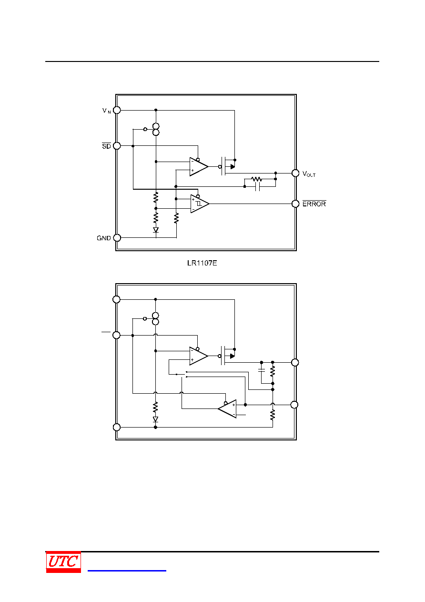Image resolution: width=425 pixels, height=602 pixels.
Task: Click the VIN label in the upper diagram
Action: pos(107,111)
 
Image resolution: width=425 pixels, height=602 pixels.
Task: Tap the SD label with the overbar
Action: pos(106,146)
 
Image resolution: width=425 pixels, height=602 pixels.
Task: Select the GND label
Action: pos(104,238)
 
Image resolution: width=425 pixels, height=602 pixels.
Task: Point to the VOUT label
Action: pos(309,174)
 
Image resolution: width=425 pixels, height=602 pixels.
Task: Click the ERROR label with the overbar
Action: pos(314,204)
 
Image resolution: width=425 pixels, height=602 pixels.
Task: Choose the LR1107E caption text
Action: pos(202,263)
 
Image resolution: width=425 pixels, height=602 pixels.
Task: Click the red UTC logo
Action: pos(63,561)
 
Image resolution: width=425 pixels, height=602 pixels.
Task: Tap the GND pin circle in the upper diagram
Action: pos(117,238)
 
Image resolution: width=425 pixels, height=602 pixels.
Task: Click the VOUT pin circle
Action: pos(295,173)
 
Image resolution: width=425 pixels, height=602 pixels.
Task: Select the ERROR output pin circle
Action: pos(295,204)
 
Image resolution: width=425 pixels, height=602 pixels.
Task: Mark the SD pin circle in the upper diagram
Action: pos(117,146)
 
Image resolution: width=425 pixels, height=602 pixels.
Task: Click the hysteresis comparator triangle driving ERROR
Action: pos(200,204)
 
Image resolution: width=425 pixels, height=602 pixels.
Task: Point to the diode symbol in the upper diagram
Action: pos(156,230)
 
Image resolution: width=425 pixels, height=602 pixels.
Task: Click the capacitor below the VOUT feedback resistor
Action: pos(257,186)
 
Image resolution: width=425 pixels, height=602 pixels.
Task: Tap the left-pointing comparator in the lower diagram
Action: pos(227,409)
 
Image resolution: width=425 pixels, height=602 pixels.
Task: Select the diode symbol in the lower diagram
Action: pos(155,419)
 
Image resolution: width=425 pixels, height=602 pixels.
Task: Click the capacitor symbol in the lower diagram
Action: pos(262,370)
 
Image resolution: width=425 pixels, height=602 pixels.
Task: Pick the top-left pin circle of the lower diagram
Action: pos(116,299)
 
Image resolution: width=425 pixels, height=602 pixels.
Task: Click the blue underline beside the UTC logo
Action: pos(127,570)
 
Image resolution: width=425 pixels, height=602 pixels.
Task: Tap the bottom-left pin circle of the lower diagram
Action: pos(117,427)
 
